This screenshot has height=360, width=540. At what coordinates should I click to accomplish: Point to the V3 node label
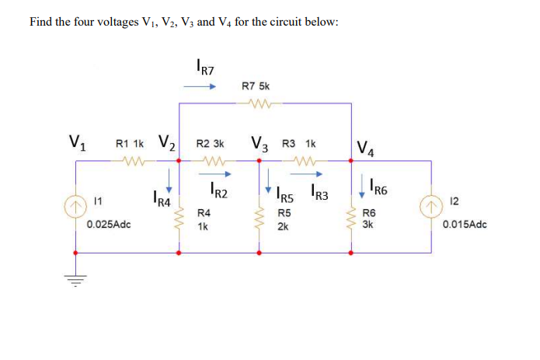[x=260, y=144]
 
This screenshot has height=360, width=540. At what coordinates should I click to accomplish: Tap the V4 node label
[x=363, y=147]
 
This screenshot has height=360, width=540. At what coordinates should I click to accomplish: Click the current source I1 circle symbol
[x=75, y=208]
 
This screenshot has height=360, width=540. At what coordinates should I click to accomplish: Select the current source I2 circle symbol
[x=430, y=208]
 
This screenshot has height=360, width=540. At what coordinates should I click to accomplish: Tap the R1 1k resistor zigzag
[x=128, y=162]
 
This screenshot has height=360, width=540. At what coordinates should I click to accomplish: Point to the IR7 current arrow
[x=199, y=87]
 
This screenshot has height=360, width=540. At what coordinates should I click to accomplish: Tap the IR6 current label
[x=381, y=187]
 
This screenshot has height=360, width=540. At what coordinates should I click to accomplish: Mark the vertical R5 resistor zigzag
[x=260, y=217]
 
